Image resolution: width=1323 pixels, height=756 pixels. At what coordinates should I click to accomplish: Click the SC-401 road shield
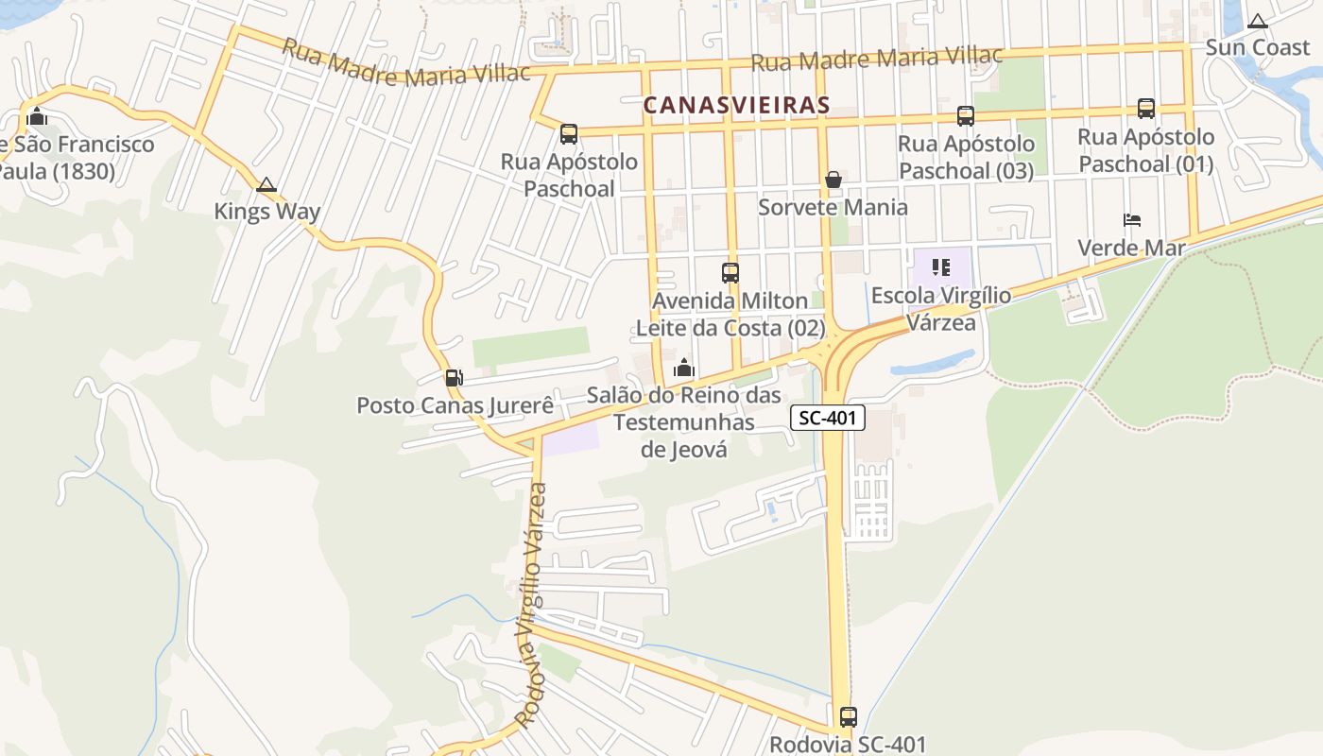(x=828, y=418)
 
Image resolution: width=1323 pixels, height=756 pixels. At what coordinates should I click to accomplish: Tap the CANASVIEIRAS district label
(x=736, y=106)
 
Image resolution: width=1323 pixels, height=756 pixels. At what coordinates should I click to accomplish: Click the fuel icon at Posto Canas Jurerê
(x=454, y=378)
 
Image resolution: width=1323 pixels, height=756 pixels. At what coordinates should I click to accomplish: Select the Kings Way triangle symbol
(x=266, y=184)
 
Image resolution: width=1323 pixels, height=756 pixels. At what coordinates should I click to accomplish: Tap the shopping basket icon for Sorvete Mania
(x=833, y=180)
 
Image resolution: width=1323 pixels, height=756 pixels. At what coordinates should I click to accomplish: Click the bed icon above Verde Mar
(x=1132, y=220)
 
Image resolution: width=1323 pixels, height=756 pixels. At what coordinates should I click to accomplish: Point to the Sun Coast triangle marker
(x=1257, y=21)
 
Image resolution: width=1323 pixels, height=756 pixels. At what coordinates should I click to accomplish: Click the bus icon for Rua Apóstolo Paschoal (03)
(x=966, y=116)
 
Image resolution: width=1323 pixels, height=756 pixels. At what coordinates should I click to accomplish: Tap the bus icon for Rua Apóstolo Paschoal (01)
(x=1146, y=109)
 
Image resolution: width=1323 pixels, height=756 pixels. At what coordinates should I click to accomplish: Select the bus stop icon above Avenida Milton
(x=730, y=273)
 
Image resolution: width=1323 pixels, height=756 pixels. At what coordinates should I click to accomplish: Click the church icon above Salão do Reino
(x=684, y=368)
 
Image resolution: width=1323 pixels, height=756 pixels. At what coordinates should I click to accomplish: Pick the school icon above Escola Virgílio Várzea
(x=940, y=267)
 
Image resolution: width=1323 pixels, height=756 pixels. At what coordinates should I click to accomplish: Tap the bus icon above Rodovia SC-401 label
(x=848, y=716)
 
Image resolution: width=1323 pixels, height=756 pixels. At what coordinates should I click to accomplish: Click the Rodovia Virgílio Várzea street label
(x=532, y=605)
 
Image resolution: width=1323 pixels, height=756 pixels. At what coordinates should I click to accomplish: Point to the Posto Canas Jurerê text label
(x=455, y=405)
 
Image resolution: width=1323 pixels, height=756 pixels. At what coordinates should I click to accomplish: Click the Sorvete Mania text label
(x=833, y=207)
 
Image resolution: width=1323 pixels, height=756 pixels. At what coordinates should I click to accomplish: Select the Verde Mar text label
(x=1131, y=248)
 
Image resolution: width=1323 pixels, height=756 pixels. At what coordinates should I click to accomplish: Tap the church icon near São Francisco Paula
(x=37, y=117)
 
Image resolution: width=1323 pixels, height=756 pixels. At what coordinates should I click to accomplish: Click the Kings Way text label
(x=266, y=211)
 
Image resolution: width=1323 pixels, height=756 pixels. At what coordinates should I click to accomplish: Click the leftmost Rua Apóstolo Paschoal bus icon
(x=568, y=134)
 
